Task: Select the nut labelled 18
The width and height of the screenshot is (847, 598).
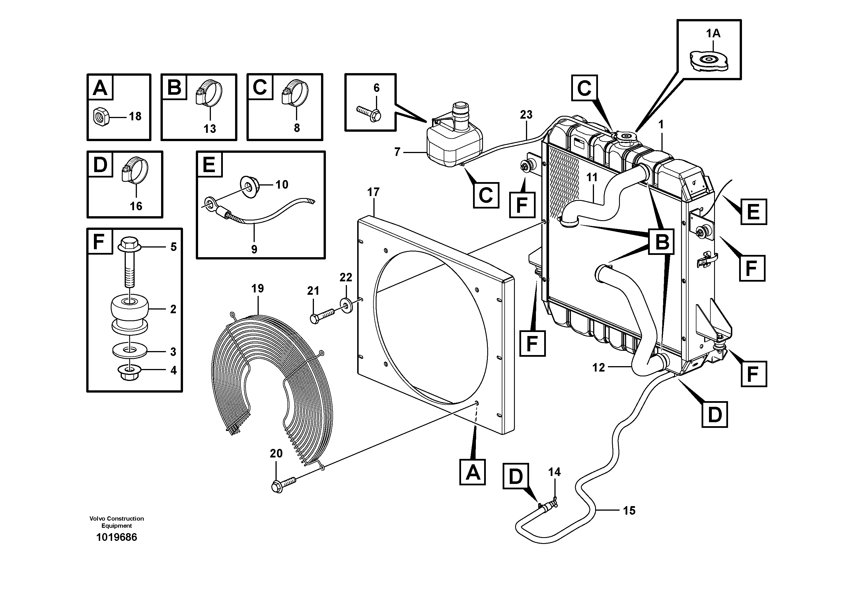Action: (100, 117)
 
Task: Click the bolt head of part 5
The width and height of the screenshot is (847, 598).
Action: (129, 244)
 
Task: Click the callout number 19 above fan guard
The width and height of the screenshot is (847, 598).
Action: (258, 288)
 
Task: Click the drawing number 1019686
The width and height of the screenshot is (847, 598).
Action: (117, 537)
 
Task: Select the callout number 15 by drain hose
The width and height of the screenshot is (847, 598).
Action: (629, 511)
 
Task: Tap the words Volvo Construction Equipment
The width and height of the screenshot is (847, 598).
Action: (117, 522)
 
